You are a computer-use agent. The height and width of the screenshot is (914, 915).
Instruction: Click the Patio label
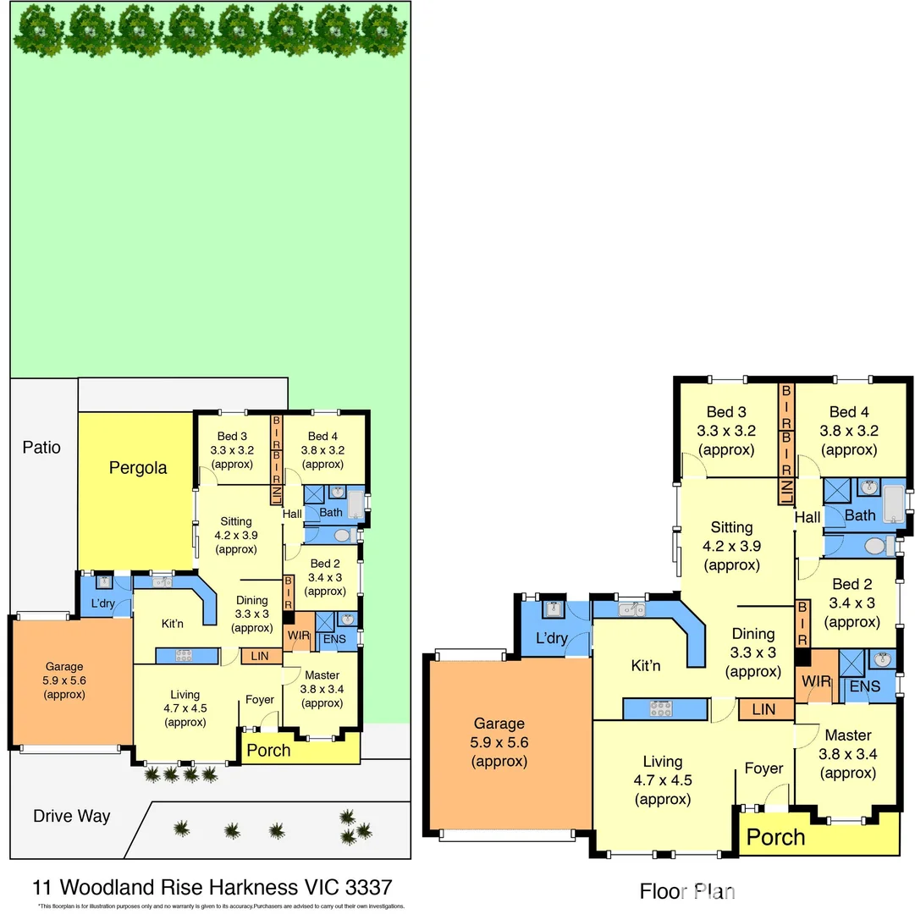(41, 447)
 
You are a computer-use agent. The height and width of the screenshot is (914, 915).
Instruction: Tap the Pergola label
(138, 467)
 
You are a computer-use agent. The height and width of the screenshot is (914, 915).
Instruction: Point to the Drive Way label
(72, 816)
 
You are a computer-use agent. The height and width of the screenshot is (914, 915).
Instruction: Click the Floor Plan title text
(686, 890)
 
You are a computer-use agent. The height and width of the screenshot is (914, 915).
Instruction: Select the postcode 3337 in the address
(365, 887)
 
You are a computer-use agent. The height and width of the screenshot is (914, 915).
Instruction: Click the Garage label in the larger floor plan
(499, 724)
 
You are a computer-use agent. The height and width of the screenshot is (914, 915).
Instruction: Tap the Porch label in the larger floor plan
(776, 837)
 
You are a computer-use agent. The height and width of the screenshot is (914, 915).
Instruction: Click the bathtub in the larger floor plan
(893, 502)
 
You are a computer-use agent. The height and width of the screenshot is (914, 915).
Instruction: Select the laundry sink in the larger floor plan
(554, 609)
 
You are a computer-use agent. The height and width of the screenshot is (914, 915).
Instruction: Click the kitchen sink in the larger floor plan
(631, 608)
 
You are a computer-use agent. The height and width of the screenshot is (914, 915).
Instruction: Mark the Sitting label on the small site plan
(236, 521)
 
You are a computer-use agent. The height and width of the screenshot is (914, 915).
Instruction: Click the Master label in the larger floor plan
(848, 735)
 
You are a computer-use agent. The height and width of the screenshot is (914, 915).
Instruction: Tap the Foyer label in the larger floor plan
(763, 768)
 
